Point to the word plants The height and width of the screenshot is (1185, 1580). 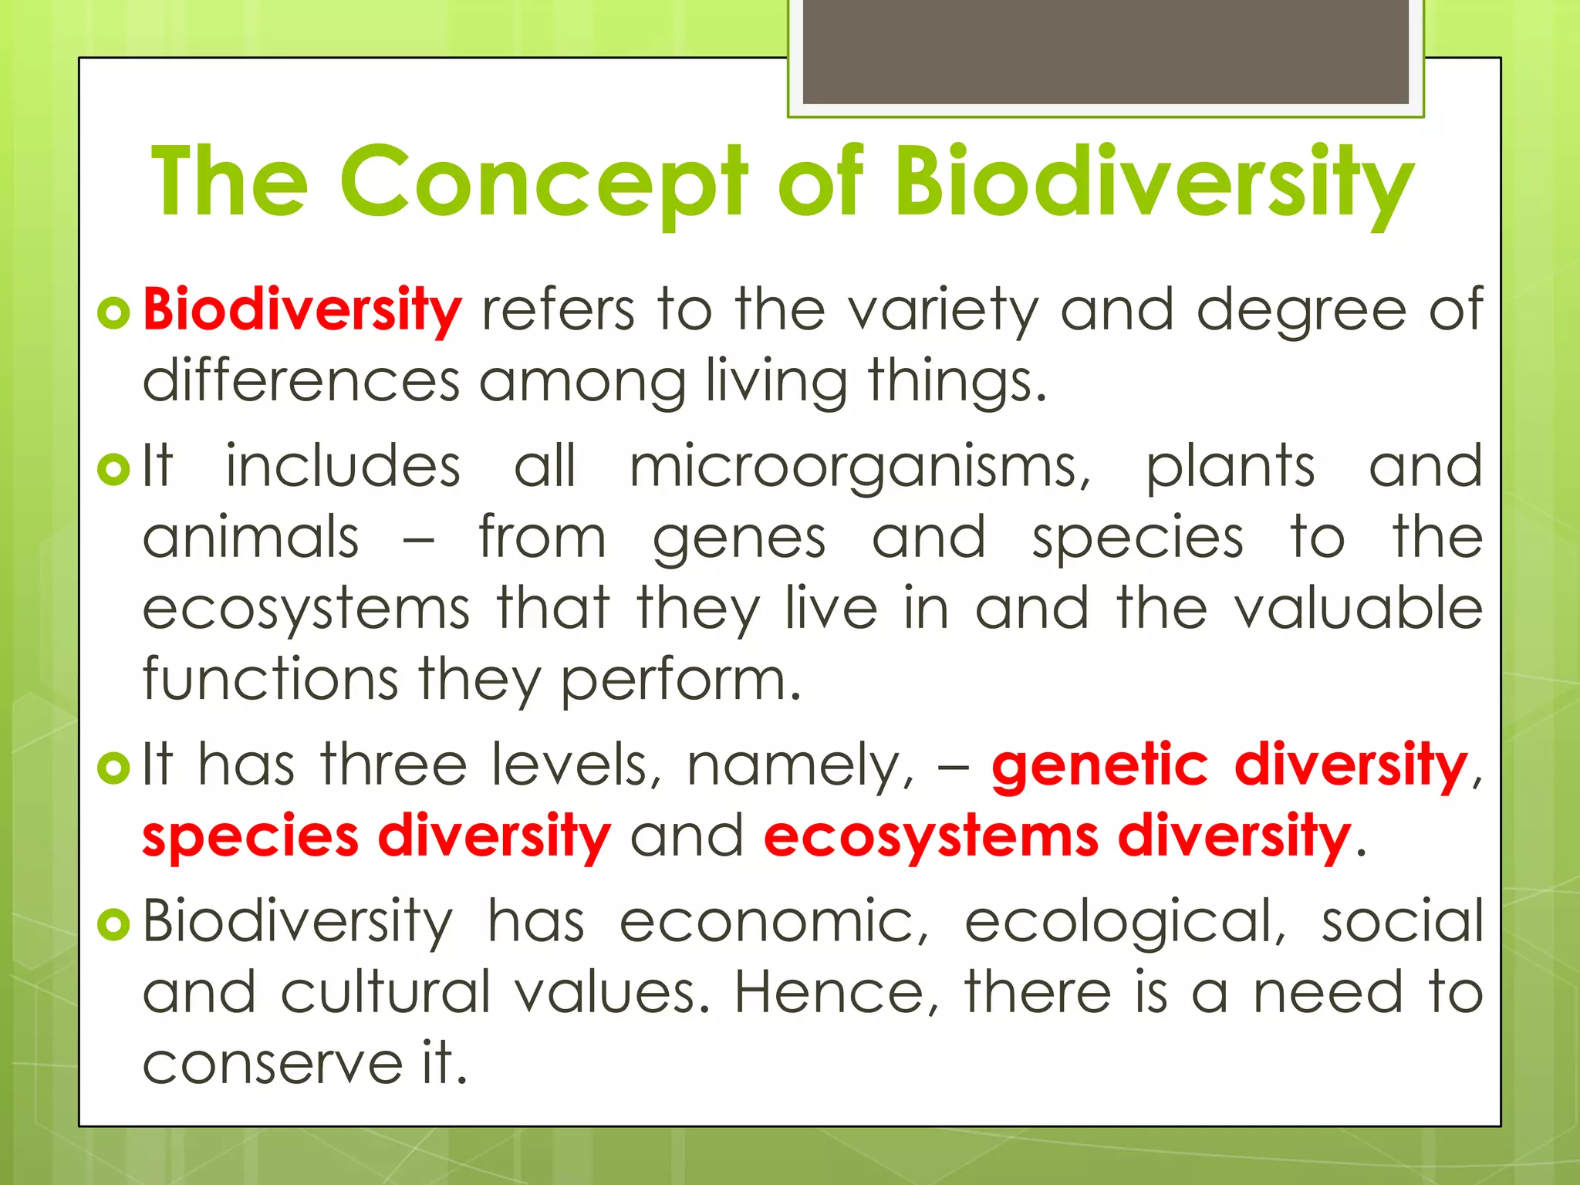click(x=1230, y=468)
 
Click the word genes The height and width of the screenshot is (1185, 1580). click(x=739, y=538)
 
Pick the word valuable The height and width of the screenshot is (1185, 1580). click(x=1359, y=609)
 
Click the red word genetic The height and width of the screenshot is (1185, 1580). click(x=1099, y=765)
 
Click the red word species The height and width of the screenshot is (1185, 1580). click(x=251, y=837)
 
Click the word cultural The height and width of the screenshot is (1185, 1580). click(x=385, y=992)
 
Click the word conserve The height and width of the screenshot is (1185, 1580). click(x=272, y=1064)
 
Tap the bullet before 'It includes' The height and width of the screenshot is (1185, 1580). click(x=114, y=468)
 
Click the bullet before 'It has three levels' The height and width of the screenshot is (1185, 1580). click(x=114, y=767)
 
